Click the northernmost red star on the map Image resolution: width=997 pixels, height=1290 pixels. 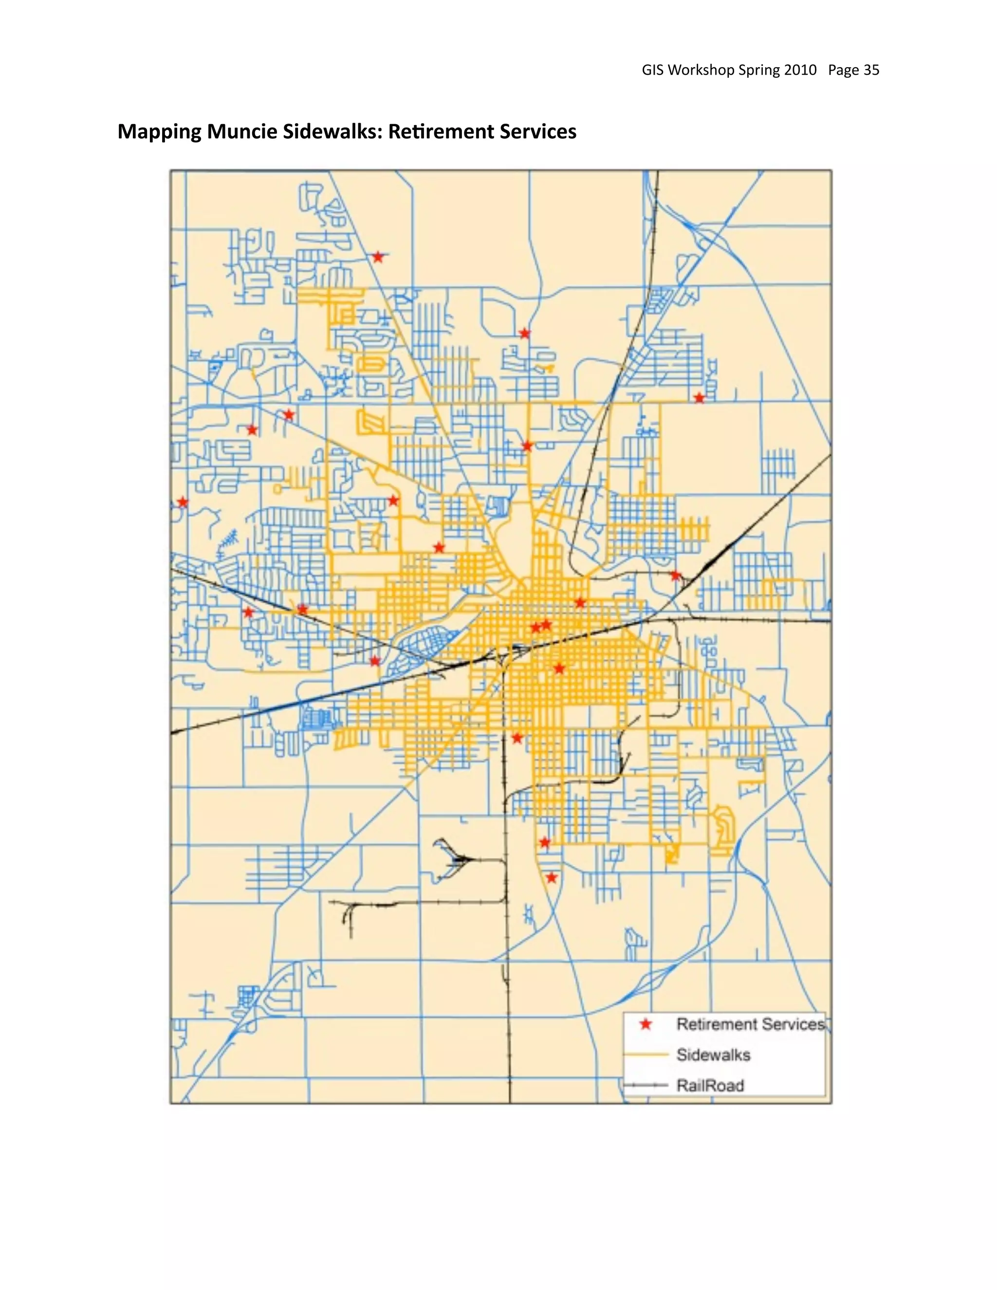(378, 257)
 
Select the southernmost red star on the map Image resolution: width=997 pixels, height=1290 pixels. (551, 878)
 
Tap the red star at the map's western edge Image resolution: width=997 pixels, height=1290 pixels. (183, 502)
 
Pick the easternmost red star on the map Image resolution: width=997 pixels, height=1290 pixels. (700, 398)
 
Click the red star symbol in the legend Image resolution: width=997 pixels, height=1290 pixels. (646, 1024)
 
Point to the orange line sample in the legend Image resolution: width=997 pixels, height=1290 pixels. (646, 1055)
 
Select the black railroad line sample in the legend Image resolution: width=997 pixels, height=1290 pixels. (646, 1086)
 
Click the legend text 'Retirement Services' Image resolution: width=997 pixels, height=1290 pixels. (750, 1024)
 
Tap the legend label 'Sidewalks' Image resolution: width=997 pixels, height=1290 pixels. (713, 1055)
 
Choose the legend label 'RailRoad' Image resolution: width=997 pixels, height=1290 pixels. (710, 1086)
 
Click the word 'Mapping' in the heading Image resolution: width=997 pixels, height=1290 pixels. (160, 132)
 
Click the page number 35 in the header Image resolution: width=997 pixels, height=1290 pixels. (871, 70)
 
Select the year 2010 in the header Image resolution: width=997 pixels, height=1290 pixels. (800, 70)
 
